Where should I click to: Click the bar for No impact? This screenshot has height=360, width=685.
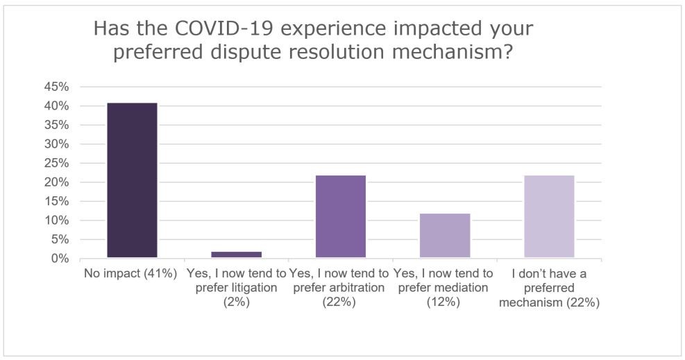pos(132,180)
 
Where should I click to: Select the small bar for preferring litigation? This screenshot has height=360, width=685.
pos(237,255)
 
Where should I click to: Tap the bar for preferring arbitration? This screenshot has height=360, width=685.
pos(341,216)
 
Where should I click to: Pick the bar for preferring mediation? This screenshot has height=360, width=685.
pos(445,236)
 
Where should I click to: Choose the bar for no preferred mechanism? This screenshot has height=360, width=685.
pos(549,216)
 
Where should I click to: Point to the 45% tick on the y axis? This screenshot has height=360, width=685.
pos(56,87)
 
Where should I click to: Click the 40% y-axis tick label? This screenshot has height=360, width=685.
pos(56,106)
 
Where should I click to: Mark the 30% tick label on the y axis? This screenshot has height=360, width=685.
pos(56,144)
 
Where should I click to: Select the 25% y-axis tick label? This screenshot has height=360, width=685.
pos(56,164)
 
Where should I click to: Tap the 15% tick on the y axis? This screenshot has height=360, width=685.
pos(56,202)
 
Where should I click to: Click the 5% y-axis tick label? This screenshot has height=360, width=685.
pos(58,239)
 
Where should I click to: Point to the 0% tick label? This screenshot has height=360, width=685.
pos(58,259)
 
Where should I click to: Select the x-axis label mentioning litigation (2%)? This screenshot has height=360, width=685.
pos(237,288)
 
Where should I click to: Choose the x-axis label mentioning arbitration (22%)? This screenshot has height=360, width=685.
pos(341,288)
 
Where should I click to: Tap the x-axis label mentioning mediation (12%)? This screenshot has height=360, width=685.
pos(445,288)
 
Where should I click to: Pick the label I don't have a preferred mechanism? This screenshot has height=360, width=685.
pos(549,288)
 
